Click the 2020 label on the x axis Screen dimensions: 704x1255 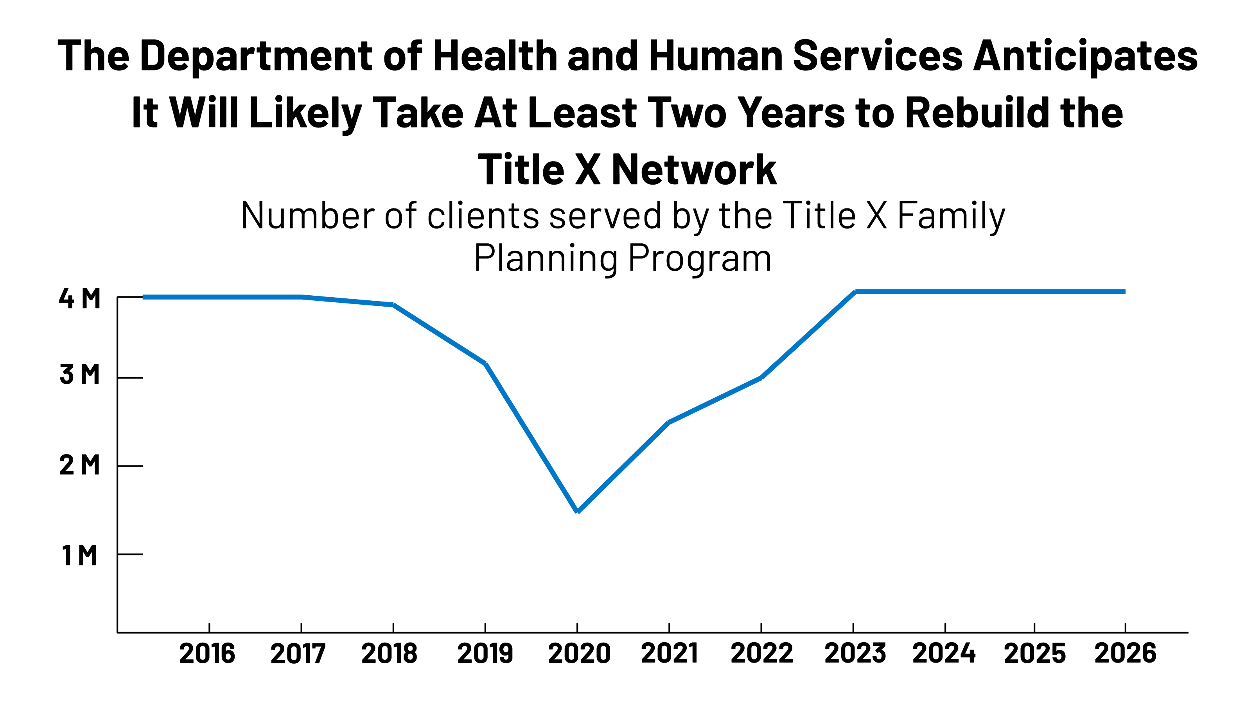pyautogui.click(x=579, y=653)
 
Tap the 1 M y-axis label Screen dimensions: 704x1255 pyautogui.click(x=79, y=555)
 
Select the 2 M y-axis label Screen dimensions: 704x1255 pyautogui.click(x=79, y=465)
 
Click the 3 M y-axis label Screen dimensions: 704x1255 pyautogui.click(x=79, y=375)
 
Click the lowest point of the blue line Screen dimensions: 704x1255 pyautogui.click(x=577, y=511)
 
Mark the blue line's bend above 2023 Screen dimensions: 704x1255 pyautogui.click(x=855, y=292)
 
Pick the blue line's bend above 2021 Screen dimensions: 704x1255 pyautogui.click(x=669, y=422)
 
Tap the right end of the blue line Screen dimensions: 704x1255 pyautogui.click(x=1124, y=292)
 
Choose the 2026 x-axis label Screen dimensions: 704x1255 pyautogui.click(x=1125, y=653)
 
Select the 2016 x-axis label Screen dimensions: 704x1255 pyautogui.click(x=207, y=653)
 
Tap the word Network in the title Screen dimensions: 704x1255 pyautogui.click(x=694, y=170)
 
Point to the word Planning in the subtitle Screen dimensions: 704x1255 pyautogui.click(x=546, y=258)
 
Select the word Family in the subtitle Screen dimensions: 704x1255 pyautogui.click(x=951, y=216)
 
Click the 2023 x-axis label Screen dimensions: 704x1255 pyautogui.click(x=855, y=653)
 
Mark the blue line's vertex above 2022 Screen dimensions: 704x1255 pyautogui.click(x=761, y=377)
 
